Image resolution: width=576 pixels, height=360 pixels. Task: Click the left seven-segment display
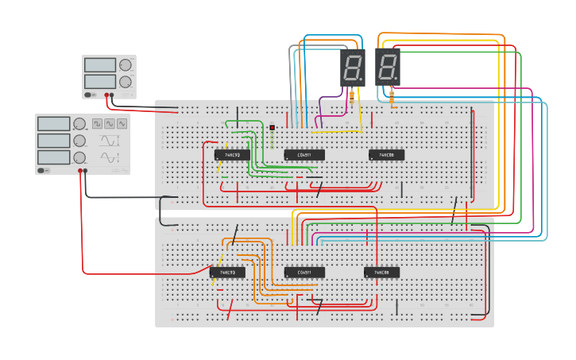point(353,68)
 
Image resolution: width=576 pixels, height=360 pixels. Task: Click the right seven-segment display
point(388,68)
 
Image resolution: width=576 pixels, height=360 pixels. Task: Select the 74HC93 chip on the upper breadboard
point(232,155)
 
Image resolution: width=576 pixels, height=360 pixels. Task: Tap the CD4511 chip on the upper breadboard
point(304,155)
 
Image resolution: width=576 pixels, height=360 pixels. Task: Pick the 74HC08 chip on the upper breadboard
point(386,155)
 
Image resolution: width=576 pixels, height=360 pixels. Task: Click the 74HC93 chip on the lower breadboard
point(227,273)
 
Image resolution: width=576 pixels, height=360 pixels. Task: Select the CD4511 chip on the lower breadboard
point(304,273)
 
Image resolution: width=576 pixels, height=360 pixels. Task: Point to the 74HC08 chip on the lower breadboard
point(381,273)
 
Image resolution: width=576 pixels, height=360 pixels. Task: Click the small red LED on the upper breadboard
point(272,127)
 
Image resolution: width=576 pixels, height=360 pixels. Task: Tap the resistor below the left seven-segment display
point(352,97)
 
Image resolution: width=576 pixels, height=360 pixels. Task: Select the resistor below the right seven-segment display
point(391,97)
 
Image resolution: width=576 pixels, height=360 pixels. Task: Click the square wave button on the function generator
point(98,123)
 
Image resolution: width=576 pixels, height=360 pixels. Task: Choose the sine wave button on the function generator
point(110,123)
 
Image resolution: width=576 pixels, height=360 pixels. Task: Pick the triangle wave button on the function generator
point(122,123)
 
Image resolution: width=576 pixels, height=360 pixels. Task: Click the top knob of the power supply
point(125,65)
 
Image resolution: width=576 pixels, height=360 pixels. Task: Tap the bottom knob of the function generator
point(79,158)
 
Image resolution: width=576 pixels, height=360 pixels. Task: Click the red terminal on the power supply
point(106,95)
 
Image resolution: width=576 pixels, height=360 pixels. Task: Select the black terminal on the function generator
point(86,170)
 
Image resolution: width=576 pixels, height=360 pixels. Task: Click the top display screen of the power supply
point(99,64)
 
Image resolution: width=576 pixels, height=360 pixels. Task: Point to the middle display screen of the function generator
point(53,141)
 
